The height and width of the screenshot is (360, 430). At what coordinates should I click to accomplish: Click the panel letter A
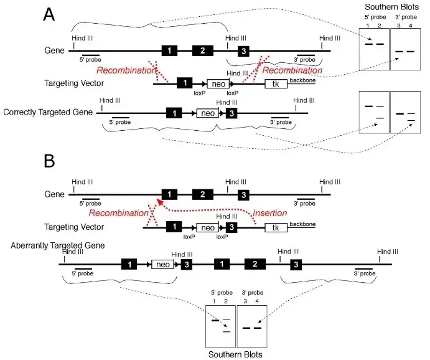[49, 14]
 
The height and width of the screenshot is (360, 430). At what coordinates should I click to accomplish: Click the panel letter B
[49, 161]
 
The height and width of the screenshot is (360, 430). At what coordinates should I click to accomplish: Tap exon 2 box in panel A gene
[203, 50]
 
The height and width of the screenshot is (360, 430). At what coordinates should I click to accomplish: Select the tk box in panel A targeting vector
[276, 83]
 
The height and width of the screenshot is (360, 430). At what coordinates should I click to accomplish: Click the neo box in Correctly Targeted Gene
[208, 113]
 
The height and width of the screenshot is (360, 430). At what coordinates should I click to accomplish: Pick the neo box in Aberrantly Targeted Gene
[163, 265]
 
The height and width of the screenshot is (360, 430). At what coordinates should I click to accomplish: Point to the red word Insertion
[270, 213]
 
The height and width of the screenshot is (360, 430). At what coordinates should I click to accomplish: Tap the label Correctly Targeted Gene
[48, 112]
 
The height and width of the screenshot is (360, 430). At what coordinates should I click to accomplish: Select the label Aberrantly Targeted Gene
[58, 245]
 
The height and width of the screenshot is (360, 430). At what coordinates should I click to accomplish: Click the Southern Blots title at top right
[391, 7]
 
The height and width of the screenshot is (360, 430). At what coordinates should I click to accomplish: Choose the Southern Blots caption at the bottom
[235, 354]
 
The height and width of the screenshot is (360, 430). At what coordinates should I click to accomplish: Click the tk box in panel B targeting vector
[276, 227]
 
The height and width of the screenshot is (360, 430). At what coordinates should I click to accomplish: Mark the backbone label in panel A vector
[302, 80]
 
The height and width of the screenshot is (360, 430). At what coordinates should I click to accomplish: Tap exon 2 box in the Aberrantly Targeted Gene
[255, 264]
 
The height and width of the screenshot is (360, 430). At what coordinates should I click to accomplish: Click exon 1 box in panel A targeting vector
[185, 83]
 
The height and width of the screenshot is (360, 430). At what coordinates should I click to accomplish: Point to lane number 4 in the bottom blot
[257, 301]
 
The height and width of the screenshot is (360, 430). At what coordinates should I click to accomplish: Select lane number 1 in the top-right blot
[368, 26]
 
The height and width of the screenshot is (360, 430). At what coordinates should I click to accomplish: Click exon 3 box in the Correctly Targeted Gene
[231, 113]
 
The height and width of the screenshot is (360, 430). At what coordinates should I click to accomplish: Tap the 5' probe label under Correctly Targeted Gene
[120, 122]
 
